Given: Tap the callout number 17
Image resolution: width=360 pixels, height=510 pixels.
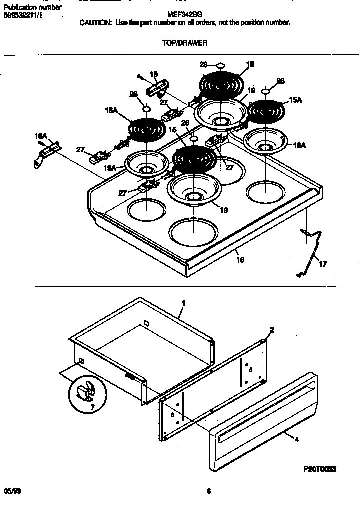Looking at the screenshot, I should click(322, 264).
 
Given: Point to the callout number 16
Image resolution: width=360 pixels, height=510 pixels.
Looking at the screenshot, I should click(241, 260).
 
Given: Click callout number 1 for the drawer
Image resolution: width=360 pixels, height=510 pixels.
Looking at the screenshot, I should click(183, 303).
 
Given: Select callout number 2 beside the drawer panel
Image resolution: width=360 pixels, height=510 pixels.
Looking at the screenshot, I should click(272, 330).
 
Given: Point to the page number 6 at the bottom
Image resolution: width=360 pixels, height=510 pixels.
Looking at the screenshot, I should click(208, 491).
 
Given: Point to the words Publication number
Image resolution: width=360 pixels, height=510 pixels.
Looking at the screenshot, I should click(32, 7).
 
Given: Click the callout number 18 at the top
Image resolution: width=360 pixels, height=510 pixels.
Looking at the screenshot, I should click(154, 74).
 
